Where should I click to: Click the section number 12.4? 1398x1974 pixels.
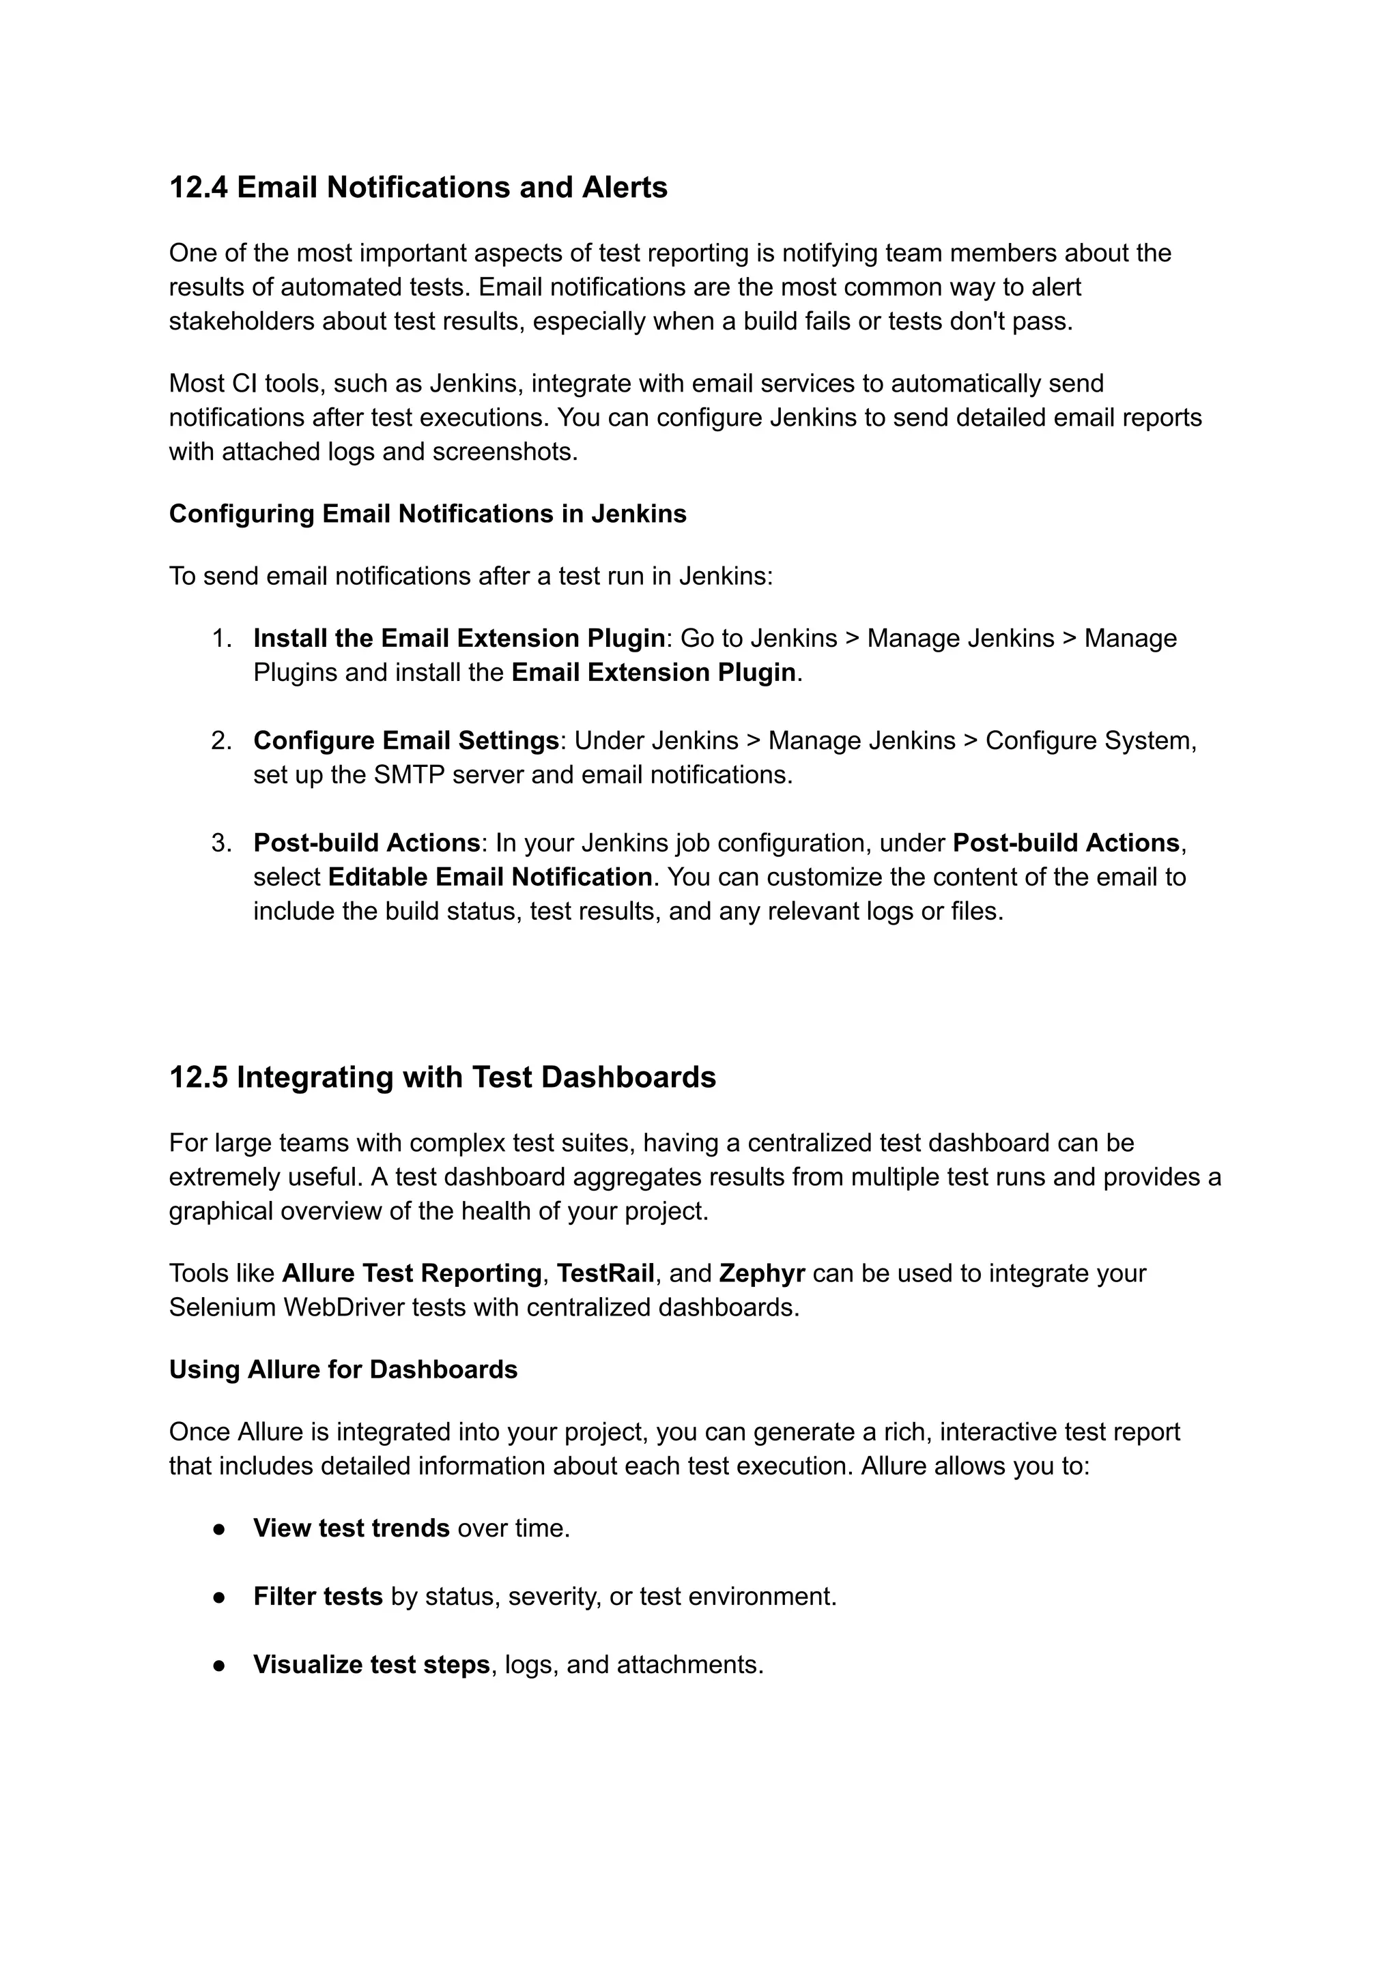pos(198,188)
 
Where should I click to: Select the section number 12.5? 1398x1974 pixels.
pos(198,1077)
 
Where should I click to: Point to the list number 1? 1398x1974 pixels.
pos(221,639)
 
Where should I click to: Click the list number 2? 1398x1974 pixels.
pos(221,741)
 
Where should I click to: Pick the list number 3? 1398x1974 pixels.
pos(221,843)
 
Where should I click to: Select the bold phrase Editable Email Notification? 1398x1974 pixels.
pos(490,877)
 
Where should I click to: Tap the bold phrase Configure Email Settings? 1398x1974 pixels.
pos(406,741)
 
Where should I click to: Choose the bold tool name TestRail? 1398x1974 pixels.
pos(605,1273)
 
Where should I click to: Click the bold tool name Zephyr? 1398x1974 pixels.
pos(761,1273)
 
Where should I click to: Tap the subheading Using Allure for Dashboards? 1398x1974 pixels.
pos(343,1370)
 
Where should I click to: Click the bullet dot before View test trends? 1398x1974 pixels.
pos(220,1529)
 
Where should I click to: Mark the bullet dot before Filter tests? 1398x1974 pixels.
pos(220,1597)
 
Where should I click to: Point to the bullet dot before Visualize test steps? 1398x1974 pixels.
pos(220,1665)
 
